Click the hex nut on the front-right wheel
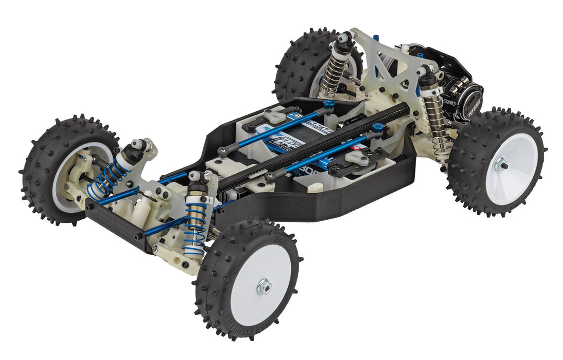point(264,286)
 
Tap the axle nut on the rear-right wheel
point(501,165)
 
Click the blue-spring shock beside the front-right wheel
point(197,219)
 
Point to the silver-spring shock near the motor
point(435,117)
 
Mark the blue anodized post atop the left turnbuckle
point(328,104)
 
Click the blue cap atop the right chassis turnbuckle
point(378,127)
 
